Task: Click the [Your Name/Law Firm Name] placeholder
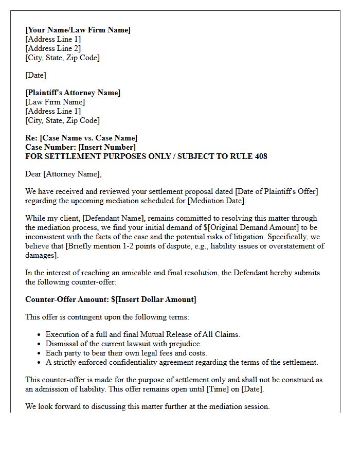click(78, 30)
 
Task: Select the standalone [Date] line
click(35, 75)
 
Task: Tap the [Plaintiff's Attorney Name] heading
click(73, 93)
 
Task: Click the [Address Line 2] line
click(53, 48)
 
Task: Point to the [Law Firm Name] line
click(55, 102)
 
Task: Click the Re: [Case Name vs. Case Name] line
click(81, 138)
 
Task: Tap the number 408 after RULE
click(261, 156)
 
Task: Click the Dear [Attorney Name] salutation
click(63, 174)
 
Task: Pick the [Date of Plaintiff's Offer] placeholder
click(277, 191)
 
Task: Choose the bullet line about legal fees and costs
click(126, 353)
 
